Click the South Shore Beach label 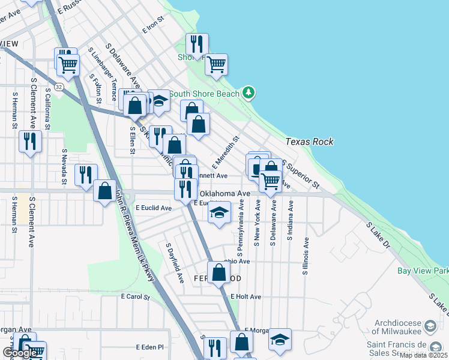[204, 94]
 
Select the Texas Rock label [309, 142]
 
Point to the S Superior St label [301, 173]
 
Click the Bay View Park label [423, 271]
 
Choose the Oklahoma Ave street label [224, 194]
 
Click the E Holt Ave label [246, 296]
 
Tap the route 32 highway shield [58, 87]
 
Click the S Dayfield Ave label [175, 263]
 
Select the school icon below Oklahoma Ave [220, 212]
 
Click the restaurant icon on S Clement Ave [29, 141]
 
